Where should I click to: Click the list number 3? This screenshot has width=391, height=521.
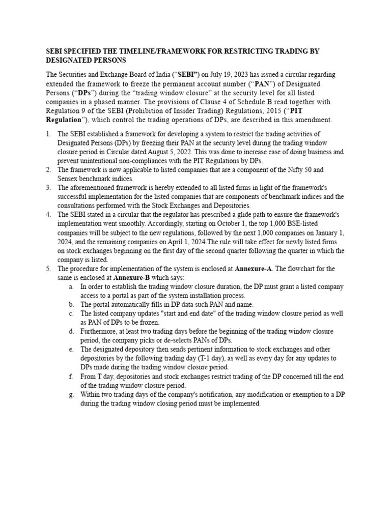pos(48,188)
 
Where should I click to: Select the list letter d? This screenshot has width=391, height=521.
pos(71,331)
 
